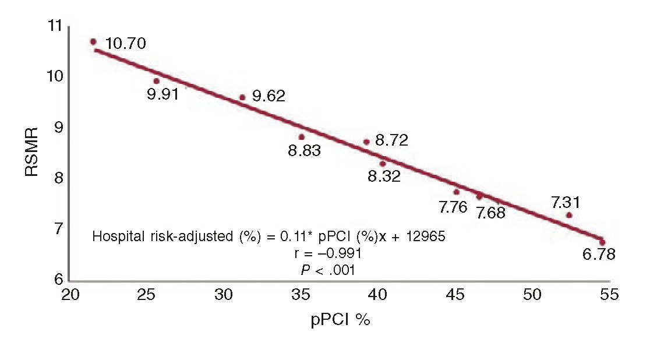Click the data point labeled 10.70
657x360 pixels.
tap(93, 41)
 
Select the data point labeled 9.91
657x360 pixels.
tap(156, 81)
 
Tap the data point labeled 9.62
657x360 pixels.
tap(242, 97)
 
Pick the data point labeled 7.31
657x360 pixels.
tap(568, 215)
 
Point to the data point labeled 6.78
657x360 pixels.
tap(602, 242)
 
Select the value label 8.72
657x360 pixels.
tap(391, 140)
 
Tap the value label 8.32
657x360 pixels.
tap(384, 177)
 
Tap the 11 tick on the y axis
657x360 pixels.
tap(55, 26)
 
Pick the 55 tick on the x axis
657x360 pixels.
tap(608, 296)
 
